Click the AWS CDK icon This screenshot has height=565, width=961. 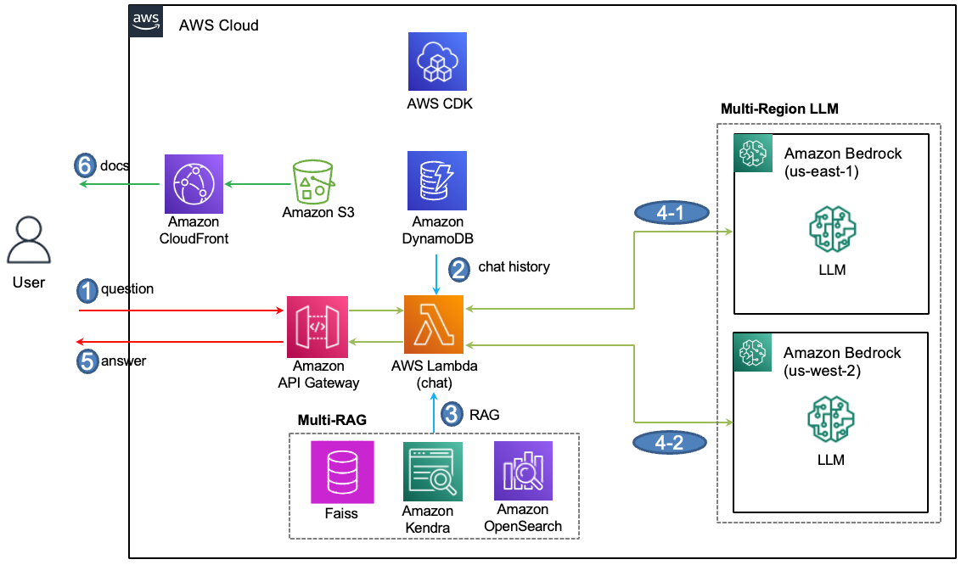coord(437,62)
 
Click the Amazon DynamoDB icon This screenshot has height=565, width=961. coord(437,181)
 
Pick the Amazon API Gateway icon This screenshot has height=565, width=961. coord(318,326)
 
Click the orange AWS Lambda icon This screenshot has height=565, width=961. coord(434,326)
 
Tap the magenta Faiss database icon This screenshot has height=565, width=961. coord(340,472)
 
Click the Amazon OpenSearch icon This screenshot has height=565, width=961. coord(523,470)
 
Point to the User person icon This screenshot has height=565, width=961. coord(29,241)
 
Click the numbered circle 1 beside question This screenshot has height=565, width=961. coord(87,290)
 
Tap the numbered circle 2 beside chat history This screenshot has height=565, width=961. coord(458,269)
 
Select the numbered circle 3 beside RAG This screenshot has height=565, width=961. coord(454,414)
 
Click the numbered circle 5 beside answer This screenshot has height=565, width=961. coord(87,361)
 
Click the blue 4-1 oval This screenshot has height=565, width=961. coord(671,213)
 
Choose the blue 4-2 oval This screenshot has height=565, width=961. coord(671,440)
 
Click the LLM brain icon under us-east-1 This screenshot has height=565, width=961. coord(832,228)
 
